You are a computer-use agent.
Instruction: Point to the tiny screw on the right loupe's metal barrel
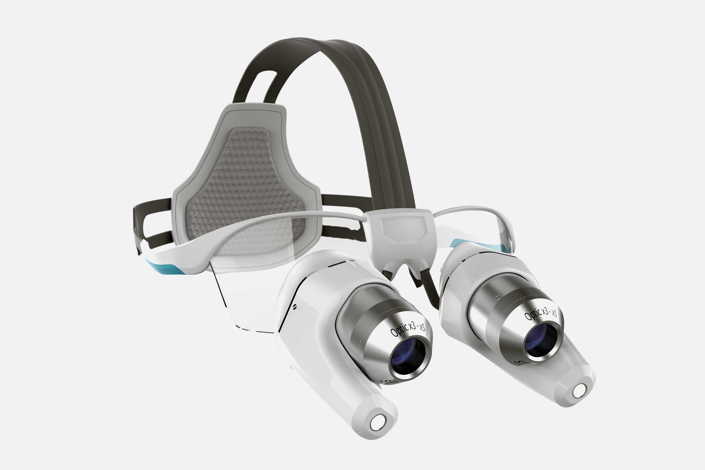(498, 297)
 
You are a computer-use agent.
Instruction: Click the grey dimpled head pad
(243, 183)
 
